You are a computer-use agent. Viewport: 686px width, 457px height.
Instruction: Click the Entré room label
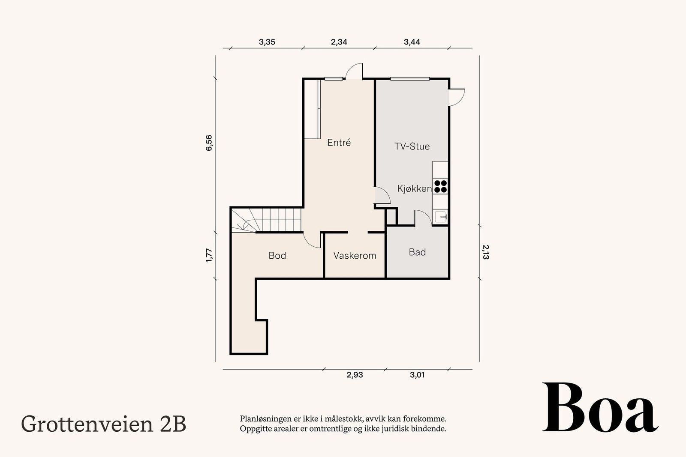(x=339, y=143)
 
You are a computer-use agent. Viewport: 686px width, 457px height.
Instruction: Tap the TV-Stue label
(x=412, y=146)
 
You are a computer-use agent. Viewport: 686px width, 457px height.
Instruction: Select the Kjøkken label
(x=414, y=188)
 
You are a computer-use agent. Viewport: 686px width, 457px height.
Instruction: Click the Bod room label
(x=277, y=256)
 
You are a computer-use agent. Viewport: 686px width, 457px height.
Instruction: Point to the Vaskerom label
(x=355, y=256)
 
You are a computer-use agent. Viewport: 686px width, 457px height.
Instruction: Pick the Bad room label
(x=417, y=252)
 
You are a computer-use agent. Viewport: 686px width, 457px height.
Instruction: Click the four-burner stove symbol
(x=441, y=186)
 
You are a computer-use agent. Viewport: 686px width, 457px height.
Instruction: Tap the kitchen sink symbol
(x=441, y=216)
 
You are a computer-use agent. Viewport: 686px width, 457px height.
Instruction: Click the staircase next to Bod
(x=266, y=220)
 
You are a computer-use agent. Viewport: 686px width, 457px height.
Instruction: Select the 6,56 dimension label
(x=209, y=143)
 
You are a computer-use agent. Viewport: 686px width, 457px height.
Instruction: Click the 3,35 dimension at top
(x=267, y=42)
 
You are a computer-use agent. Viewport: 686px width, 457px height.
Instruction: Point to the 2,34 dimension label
(x=339, y=42)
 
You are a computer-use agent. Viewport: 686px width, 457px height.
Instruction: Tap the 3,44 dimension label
(x=412, y=42)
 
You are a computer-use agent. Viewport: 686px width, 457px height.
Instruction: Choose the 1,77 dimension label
(x=209, y=255)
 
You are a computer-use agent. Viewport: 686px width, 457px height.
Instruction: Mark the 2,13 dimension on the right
(x=486, y=252)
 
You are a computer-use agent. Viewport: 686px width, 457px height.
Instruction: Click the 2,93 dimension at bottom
(x=355, y=375)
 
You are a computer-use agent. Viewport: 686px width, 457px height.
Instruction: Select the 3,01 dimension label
(x=417, y=375)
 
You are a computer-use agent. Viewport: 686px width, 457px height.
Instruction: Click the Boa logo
(x=600, y=408)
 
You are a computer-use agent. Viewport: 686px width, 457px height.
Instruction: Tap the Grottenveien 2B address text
(x=103, y=424)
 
